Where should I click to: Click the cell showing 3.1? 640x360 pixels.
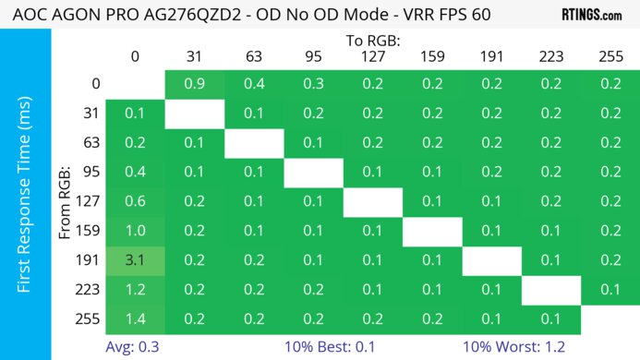135,260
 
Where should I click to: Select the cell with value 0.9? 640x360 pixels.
194,83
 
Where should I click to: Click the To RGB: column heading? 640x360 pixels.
372,41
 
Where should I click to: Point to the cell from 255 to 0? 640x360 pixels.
135,319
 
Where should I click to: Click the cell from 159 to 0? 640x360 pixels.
135,231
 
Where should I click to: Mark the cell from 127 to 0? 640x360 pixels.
135,201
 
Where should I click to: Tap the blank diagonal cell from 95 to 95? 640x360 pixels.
313,172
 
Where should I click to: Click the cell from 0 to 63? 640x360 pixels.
254,83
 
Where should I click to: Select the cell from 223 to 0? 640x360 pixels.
135,290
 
